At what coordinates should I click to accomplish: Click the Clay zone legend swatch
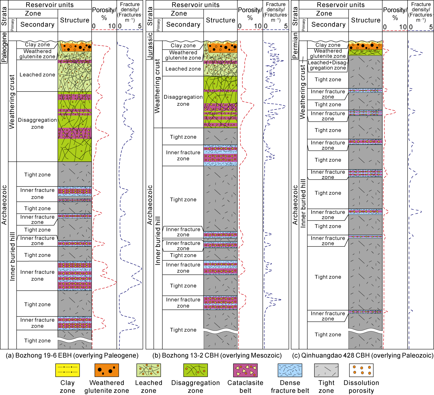pos(67,370)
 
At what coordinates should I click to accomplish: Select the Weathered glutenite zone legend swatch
pos(107,370)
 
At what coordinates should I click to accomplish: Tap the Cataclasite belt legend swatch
pos(245,370)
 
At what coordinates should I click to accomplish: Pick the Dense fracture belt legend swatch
pos(290,370)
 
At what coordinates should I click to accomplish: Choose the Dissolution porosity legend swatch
pos(361,370)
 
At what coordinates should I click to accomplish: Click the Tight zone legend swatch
pos(326,370)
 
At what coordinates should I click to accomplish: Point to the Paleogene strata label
pos(4,47)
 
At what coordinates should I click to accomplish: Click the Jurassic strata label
pos(150,46)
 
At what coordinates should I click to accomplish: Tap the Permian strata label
pos(295,45)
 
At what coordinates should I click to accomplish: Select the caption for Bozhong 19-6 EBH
pos(72,355)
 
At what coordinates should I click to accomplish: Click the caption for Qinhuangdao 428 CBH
pos(363,355)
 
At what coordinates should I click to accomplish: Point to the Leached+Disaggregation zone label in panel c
pos(328,65)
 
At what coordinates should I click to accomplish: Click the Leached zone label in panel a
pos(37,75)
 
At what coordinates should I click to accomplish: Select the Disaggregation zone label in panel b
pos(183,100)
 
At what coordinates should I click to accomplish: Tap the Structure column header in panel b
pos(220,20)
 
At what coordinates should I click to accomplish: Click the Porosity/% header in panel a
pos(104,14)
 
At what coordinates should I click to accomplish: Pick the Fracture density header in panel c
pos(421,12)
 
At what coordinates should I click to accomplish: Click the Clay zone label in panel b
pos(183,45)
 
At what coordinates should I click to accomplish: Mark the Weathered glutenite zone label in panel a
pos(37,54)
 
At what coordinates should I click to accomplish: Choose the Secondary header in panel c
pos(328,25)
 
